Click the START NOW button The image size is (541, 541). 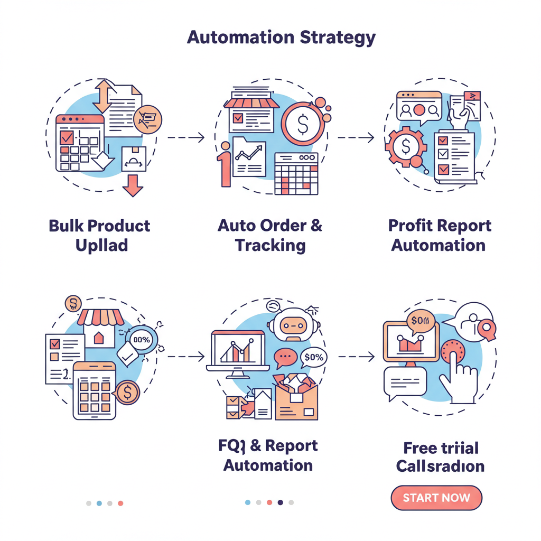point(436,498)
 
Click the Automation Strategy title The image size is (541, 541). point(281,38)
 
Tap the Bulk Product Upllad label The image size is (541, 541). point(99,235)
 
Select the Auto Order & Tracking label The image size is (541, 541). point(270,235)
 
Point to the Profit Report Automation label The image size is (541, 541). point(440,235)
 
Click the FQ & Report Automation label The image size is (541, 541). point(268,455)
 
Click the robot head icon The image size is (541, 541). point(290,326)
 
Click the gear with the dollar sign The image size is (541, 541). point(405,146)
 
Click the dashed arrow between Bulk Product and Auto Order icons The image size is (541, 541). point(185,138)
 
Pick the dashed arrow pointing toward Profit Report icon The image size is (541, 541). point(356,138)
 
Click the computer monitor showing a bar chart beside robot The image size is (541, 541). point(237,351)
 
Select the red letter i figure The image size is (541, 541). point(225,164)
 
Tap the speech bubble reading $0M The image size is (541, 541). point(420,320)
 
